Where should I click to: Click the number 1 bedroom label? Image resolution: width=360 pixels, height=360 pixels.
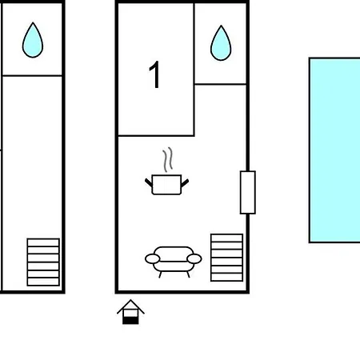click(154, 74)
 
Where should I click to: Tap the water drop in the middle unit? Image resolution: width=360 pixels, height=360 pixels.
click(221, 44)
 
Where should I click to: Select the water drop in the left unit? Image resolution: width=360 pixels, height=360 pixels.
click(33, 41)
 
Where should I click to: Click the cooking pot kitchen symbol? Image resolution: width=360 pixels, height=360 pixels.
click(167, 185)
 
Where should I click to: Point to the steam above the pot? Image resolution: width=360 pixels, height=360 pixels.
click(168, 159)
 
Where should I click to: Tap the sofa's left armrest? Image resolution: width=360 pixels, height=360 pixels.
click(153, 258)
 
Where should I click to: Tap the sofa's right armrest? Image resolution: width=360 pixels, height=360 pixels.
click(194, 258)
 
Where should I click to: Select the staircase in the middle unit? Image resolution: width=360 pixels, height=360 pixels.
click(226, 258)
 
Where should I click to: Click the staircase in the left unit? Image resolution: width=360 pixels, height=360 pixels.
click(43, 262)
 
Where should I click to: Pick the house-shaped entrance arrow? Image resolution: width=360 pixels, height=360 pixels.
click(130, 312)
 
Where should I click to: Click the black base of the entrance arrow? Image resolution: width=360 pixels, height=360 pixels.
click(130, 321)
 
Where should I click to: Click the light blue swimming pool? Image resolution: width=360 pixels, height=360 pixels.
click(334, 150)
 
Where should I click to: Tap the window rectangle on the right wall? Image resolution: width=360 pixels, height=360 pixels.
click(248, 192)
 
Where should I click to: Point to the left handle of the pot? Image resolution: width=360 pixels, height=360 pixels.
click(149, 182)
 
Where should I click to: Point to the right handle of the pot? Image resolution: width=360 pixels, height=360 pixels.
click(185, 183)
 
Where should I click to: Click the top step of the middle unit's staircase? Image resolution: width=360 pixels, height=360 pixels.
click(226, 238)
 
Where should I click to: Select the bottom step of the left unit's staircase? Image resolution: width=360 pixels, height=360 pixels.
click(43, 282)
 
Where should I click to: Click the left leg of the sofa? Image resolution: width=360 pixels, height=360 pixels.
click(160, 274)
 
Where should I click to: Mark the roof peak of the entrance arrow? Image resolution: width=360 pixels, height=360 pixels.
click(130, 300)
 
